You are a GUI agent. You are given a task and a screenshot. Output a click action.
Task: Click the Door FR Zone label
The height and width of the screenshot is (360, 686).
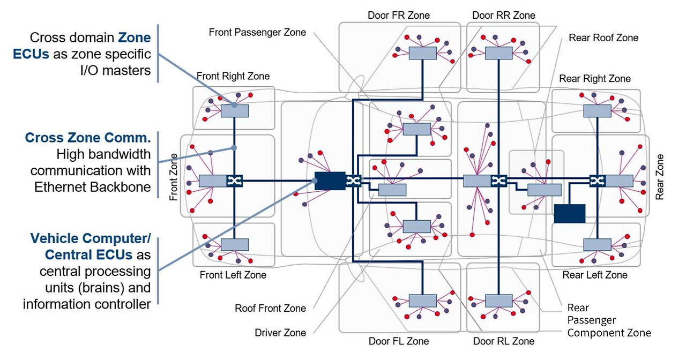(399, 15)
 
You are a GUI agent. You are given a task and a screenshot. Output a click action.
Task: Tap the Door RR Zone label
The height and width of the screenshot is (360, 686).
(503, 15)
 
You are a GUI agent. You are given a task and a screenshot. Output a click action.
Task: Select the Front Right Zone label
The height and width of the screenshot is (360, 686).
(233, 76)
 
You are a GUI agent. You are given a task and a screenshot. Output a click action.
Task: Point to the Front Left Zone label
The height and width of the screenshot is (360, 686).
(233, 275)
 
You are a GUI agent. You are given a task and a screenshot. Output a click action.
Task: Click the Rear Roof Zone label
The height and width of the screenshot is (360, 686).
(603, 38)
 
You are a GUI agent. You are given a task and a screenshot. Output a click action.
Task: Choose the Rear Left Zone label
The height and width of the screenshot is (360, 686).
(595, 275)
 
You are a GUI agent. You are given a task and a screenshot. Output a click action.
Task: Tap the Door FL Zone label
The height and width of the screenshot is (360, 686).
(399, 341)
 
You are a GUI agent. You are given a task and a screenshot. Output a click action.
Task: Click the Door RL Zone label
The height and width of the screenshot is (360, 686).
(504, 341)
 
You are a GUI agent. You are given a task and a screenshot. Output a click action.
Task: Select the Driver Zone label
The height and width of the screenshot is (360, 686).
(280, 333)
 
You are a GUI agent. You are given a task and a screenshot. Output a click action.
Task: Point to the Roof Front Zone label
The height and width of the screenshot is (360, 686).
(271, 308)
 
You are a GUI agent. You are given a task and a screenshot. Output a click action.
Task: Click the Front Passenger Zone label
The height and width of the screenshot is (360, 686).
(257, 32)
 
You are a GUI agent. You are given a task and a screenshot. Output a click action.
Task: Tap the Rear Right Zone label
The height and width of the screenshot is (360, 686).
(595, 79)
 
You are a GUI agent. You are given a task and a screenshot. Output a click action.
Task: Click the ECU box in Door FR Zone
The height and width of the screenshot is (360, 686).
(422, 52)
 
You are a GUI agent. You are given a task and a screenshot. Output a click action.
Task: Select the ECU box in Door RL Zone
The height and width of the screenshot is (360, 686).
(498, 301)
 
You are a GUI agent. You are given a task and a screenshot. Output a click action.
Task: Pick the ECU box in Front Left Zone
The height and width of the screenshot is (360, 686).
(235, 245)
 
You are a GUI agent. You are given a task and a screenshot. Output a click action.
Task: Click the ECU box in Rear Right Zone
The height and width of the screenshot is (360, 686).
(597, 110)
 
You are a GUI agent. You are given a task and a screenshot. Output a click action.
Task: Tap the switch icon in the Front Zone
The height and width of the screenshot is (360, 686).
(234, 181)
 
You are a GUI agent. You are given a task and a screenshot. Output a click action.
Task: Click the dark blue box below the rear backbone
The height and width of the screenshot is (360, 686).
(569, 213)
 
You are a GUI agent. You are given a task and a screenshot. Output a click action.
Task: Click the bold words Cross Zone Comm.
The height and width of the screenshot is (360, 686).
(88, 138)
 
